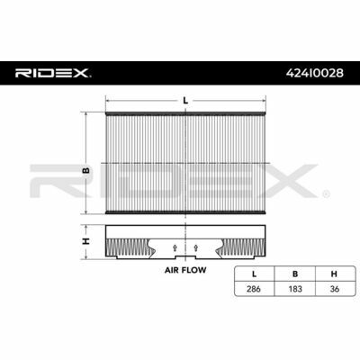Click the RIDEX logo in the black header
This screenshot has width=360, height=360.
coord(51,73)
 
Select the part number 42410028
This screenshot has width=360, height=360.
coord(315,73)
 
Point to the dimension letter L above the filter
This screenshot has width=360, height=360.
coord(185,101)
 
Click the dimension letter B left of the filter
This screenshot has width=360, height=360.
coord(86,170)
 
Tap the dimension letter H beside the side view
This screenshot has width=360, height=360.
coord(86,241)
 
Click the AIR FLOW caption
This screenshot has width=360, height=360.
coord(185,270)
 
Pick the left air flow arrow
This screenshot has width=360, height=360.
coord(175,247)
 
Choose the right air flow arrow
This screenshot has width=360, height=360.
coord(196,247)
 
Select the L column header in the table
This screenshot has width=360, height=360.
coord(254,274)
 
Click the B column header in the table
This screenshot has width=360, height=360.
coord(295,274)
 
